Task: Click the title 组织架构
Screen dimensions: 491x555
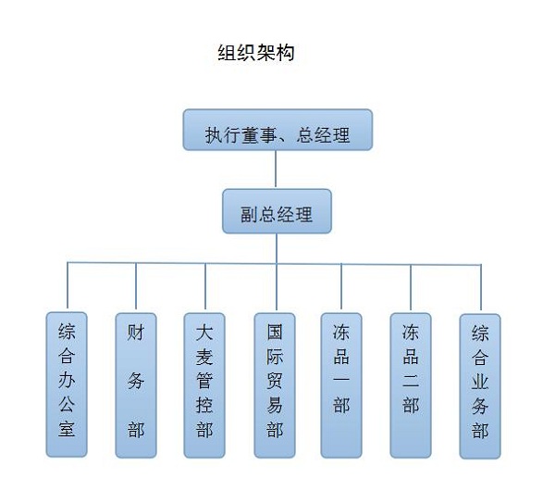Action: (254, 53)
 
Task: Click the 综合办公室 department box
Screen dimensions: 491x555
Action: (67, 384)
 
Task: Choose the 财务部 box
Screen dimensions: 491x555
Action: (136, 384)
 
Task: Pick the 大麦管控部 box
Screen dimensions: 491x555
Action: (205, 384)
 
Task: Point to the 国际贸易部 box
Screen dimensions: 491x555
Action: (275, 384)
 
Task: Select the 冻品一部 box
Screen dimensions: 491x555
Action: (342, 384)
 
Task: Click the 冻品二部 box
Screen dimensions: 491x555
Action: (411, 384)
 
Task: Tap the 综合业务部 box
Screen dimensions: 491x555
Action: (480, 384)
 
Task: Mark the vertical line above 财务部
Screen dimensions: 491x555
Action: (136, 287)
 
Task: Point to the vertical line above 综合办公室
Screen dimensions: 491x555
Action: (67, 287)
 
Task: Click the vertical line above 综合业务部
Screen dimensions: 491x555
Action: (481, 287)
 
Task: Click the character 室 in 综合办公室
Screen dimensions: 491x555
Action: (67, 429)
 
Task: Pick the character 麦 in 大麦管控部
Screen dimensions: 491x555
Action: (205, 356)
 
